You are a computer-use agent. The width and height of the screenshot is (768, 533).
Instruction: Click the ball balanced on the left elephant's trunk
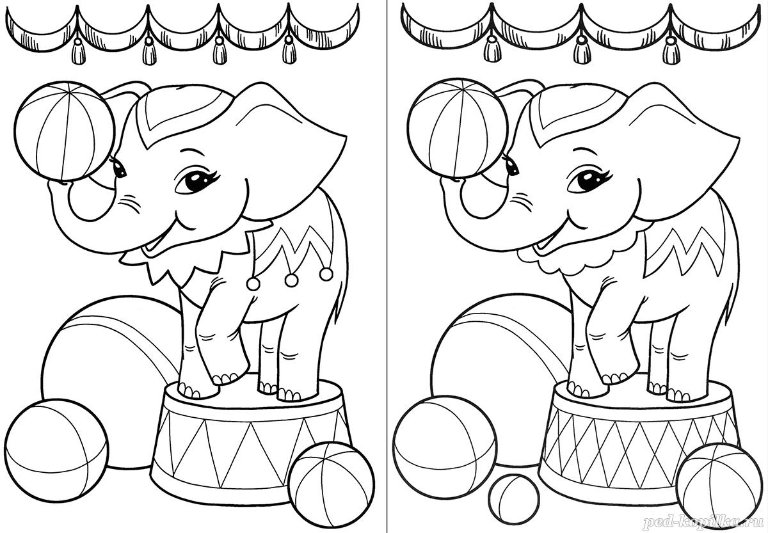65,131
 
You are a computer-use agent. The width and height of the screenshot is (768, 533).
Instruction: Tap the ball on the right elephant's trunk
458,129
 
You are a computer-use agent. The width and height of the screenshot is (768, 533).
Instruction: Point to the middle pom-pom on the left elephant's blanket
291,280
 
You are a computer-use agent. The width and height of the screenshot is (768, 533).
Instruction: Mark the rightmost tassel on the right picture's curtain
670,51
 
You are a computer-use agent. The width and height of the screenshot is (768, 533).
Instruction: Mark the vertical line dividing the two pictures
387,266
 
